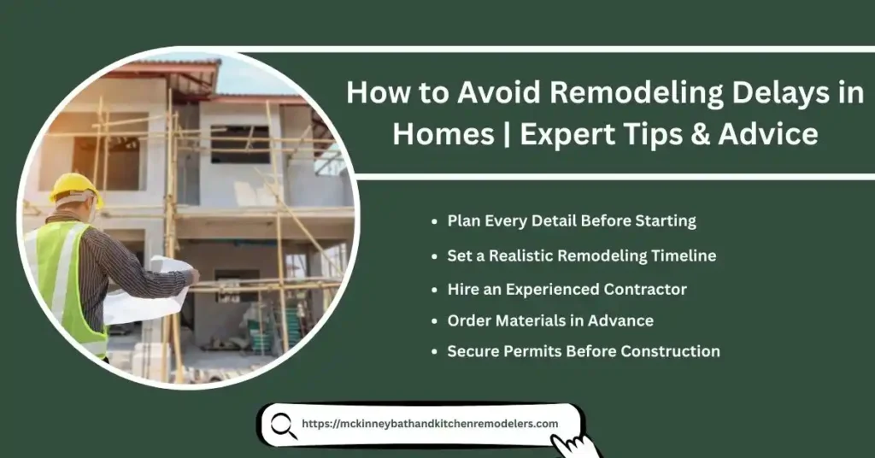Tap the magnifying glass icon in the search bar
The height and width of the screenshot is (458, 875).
pyautogui.click(x=284, y=426)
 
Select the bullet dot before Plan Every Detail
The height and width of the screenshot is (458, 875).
pyautogui.click(x=436, y=221)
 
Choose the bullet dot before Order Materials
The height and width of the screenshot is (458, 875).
pyautogui.click(x=436, y=322)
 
